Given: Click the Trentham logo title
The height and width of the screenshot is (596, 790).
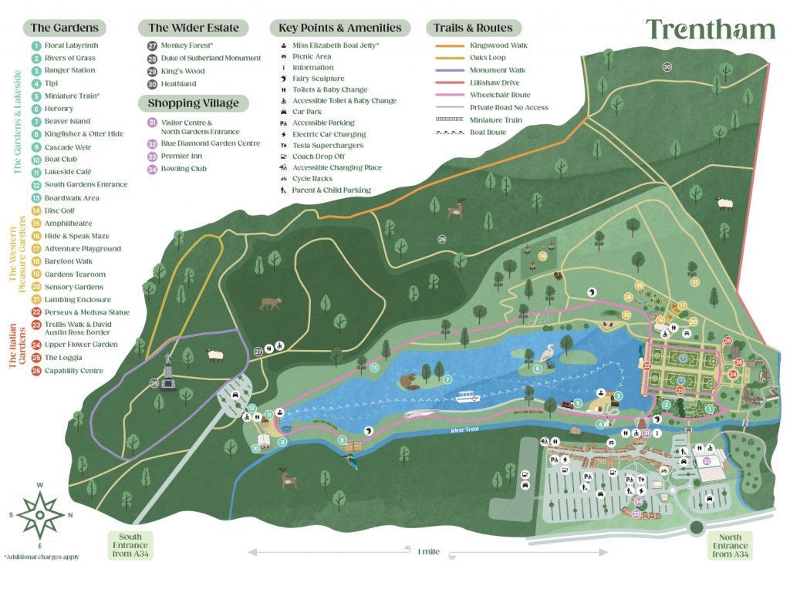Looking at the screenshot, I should coord(711,29).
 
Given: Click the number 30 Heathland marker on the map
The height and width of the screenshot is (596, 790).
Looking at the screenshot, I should coord(667,67).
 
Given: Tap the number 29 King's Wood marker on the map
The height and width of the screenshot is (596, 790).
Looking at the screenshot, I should coord(442,239).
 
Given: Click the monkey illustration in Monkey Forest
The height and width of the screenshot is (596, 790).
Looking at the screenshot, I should coord(271,303).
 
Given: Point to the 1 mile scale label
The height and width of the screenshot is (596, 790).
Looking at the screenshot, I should coord(429,551).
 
